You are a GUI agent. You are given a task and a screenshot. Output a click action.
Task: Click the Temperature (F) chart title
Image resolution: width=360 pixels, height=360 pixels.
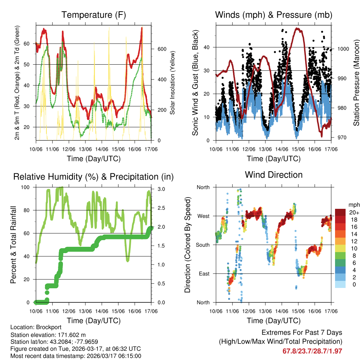pos(94,15)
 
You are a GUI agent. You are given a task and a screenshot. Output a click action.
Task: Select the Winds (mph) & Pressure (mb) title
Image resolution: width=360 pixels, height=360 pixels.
pos(274,15)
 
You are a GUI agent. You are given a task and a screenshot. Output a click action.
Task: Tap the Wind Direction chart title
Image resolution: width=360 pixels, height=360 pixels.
pos(274,175)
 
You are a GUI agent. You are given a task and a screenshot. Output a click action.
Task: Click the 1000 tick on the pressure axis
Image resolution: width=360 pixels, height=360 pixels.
pos(342,49)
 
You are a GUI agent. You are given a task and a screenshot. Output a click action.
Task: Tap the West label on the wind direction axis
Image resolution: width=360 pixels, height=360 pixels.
pos(203,216)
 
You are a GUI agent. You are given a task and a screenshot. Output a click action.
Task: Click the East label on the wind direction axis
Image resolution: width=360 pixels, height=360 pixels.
pos(204,274)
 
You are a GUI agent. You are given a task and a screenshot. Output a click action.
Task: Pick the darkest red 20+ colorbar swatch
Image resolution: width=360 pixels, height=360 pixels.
pos(341,212)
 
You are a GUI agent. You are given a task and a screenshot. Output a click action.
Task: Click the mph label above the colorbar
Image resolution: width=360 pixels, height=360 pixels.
pos(353,205)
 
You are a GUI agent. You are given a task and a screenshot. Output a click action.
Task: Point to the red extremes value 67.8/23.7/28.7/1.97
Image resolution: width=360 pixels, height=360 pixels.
pos(312,351)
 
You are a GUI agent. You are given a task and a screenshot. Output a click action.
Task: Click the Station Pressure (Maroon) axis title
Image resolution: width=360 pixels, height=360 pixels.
pos(356,83)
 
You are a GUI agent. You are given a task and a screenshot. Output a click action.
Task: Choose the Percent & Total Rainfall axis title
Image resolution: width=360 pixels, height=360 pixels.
pos(13,245)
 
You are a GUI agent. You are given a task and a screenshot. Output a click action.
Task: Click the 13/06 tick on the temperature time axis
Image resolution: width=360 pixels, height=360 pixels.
pos(85,149)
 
